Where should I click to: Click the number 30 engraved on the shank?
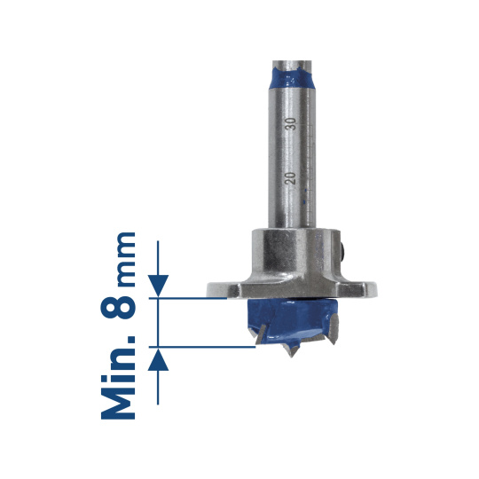pos(293,123)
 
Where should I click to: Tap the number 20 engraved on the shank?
pos(291,178)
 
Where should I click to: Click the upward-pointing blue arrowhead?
pos(158,359)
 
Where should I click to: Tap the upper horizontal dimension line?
pos(188,298)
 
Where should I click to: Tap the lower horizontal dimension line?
pos(202,347)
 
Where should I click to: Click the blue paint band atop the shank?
pos(291,77)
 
